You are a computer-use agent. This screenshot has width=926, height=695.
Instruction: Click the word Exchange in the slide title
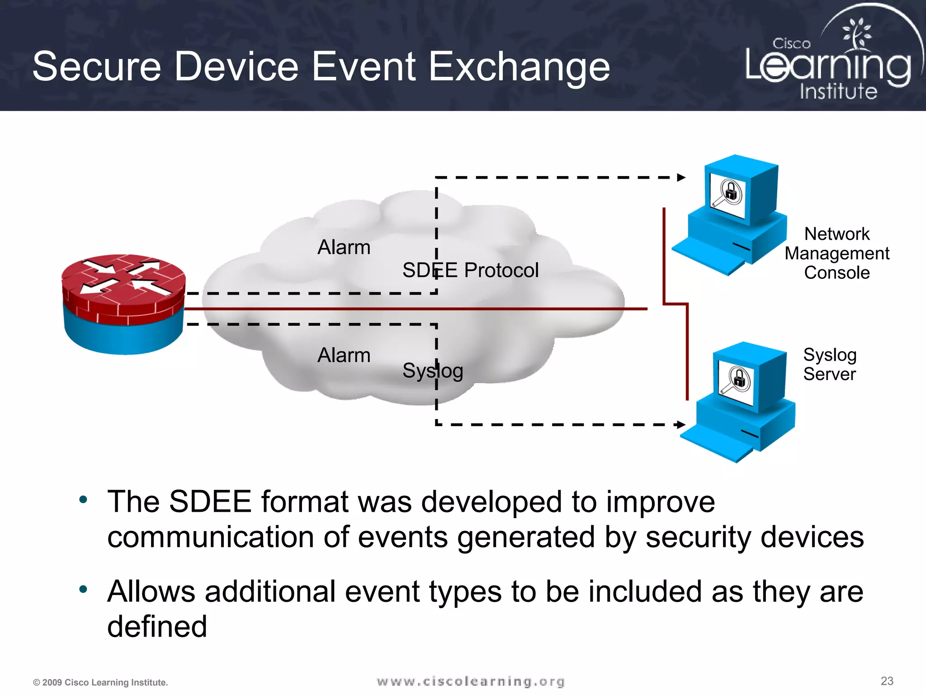tap(519, 67)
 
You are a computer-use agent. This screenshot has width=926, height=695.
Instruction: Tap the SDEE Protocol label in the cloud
tap(470, 270)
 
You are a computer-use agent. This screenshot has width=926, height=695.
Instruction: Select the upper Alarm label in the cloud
tap(344, 247)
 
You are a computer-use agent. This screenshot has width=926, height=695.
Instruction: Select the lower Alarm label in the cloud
tap(344, 355)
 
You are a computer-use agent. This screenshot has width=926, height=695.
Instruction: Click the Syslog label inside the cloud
tap(433, 371)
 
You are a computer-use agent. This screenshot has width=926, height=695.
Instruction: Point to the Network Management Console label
tap(836, 253)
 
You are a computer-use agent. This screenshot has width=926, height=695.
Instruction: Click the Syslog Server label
tap(830, 365)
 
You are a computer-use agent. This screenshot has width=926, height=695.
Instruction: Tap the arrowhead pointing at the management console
tap(681, 177)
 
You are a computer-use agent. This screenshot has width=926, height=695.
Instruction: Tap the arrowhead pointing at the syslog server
tap(681, 424)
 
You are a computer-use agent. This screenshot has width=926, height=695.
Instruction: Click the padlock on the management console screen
tap(731, 192)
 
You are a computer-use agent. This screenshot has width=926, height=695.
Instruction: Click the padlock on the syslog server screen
tap(739, 379)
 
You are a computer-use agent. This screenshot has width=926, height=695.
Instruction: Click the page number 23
tap(887, 681)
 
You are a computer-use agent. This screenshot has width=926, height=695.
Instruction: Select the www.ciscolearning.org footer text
tap(470, 681)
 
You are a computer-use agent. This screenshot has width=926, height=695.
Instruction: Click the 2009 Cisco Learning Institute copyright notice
tap(100, 682)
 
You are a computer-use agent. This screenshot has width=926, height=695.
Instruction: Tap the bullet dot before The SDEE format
tap(83, 500)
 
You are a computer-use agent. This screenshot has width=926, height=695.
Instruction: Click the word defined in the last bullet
tap(157, 627)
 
